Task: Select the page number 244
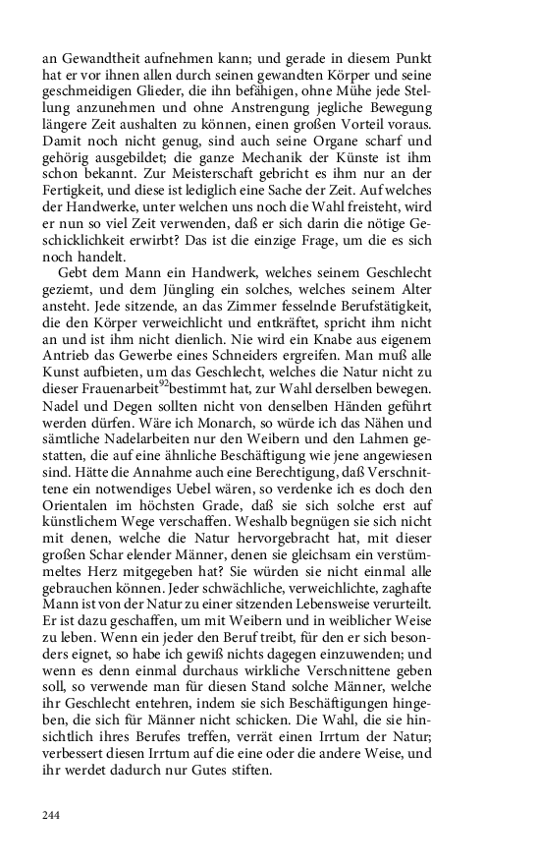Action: (x=53, y=815)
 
